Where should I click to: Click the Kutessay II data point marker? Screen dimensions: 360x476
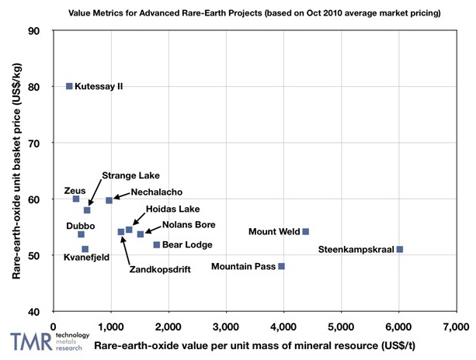click(69, 86)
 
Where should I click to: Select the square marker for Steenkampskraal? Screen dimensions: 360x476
click(400, 249)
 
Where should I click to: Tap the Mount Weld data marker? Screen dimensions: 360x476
click(305, 231)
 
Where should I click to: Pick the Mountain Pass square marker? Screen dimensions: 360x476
click(282, 266)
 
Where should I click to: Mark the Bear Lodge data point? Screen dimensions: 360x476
click(156, 244)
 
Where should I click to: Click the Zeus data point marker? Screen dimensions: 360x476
click(76, 199)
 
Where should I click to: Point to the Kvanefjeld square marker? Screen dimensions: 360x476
click(85, 249)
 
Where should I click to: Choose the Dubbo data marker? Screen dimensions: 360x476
click(81, 234)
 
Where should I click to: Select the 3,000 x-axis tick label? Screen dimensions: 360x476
click(225, 325)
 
